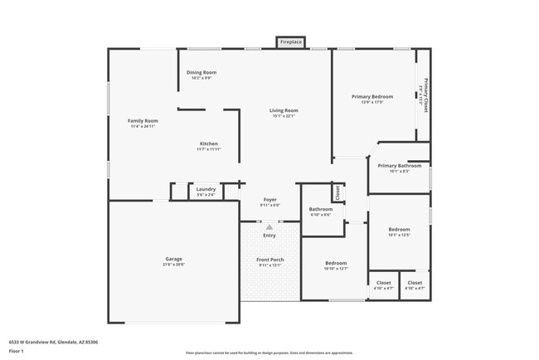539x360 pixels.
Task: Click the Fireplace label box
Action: click(291, 41)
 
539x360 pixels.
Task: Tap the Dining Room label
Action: click(202, 73)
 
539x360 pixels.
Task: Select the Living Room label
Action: click(284, 111)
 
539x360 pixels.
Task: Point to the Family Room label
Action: click(143, 121)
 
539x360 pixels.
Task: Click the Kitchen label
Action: click(208, 144)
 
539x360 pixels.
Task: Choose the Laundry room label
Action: click(206, 189)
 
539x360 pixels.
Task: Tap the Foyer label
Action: click(270, 200)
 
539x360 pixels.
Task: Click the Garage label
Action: click(173, 259)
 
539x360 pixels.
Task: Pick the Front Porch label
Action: click(270, 260)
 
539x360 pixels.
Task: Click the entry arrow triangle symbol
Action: click(269, 226)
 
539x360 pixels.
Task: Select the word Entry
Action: click(269, 236)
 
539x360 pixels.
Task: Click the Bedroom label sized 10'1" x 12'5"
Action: click(400, 230)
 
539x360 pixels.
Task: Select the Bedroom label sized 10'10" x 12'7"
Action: click(336, 264)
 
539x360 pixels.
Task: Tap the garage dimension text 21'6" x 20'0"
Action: click(173, 265)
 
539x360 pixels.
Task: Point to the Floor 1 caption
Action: click(17, 351)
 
